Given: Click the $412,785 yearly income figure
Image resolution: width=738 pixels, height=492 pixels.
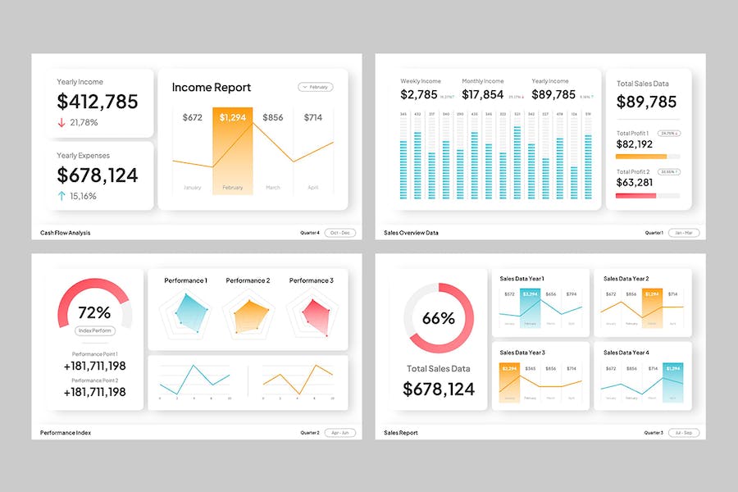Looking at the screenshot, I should (x=98, y=102).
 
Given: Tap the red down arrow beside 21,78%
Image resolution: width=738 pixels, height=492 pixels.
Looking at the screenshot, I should (x=61, y=122).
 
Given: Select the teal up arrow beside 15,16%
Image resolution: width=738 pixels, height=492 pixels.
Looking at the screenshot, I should (x=61, y=196).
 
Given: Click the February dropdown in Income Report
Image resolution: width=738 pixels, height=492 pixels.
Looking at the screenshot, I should (x=316, y=86).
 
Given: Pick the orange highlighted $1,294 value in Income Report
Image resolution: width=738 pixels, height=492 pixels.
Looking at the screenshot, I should (x=232, y=117).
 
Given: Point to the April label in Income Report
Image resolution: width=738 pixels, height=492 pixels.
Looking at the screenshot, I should (x=312, y=188).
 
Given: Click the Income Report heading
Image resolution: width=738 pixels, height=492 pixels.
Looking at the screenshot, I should (x=212, y=87).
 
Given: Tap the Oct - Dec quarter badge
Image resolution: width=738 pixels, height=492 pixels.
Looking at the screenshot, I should (x=339, y=233).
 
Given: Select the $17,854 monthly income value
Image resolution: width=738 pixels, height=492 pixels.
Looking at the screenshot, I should (x=483, y=94).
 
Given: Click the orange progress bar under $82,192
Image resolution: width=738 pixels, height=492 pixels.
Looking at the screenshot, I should (x=641, y=156).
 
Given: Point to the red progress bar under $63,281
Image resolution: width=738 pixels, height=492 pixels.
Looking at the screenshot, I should (x=636, y=195).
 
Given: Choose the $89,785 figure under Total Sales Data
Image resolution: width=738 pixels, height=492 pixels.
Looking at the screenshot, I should (x=646, y=102).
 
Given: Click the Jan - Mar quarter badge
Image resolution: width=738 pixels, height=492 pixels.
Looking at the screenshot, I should (x=684, y=233).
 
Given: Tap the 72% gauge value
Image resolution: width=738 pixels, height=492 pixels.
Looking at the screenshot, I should (x=94, y=312).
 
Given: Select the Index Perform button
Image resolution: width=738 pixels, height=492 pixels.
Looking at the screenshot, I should (x=95, y=330).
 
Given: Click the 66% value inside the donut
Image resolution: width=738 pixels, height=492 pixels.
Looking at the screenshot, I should (x=439, y=318).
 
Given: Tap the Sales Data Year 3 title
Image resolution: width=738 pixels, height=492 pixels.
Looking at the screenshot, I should (x=522, y=353).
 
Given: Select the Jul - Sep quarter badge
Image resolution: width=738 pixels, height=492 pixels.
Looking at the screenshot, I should (x=684, y=432).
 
